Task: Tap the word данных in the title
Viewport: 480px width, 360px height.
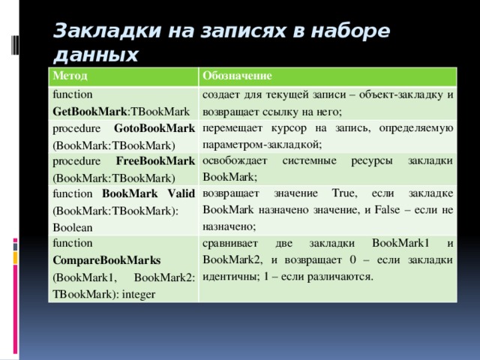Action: pos(95,55)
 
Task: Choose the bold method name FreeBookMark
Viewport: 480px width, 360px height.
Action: pos(157,161)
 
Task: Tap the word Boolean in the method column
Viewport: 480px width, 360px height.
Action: pos(73,226)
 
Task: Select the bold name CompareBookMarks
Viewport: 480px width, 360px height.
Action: pos(106,260)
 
